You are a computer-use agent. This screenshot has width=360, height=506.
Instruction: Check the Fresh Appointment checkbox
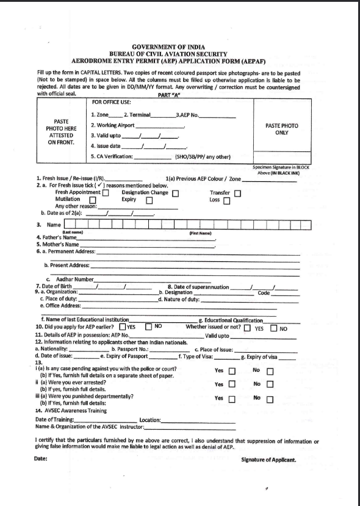click(106, 193)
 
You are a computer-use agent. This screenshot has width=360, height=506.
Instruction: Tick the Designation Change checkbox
click(175, 193)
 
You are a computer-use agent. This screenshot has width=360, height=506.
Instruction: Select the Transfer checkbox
click(238, 193)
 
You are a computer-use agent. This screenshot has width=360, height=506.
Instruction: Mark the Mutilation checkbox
click(93, 200)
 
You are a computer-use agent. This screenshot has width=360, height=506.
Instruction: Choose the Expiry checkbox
click(148, 200)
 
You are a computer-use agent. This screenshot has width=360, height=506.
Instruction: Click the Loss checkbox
click(226, 200)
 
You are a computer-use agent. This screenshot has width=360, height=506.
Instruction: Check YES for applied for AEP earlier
click(122, 327)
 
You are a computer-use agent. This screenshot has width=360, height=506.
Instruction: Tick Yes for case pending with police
click(232, 370)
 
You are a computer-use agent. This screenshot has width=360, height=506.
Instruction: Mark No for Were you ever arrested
click(270, 385)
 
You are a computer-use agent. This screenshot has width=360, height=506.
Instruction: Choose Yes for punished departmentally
click(232, 399)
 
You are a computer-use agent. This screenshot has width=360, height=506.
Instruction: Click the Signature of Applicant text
click(268, 460)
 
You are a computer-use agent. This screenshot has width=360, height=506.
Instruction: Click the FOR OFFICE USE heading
click(110, 102)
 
